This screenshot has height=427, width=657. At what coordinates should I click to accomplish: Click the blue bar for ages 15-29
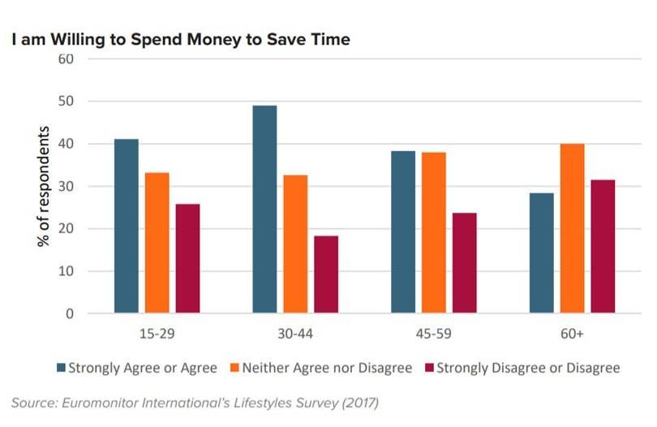[x=126, y=226]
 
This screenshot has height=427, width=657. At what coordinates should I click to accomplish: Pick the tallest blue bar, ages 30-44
[x=264, y=209]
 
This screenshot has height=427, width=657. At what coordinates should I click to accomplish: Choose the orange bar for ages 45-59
[x=434, y=233]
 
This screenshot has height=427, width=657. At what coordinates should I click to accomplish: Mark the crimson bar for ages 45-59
[x=465, y=263]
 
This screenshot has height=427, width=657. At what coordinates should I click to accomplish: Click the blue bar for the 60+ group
[x=541, y=253]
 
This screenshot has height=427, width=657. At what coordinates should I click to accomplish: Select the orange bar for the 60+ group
[x=572, y=229]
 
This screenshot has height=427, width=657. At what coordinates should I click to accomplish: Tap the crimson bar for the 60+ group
[x=603, y=247]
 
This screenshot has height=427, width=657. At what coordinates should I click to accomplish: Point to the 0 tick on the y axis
[x=71, y=313]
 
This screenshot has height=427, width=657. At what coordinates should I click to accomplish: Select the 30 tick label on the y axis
[x=67, y=187]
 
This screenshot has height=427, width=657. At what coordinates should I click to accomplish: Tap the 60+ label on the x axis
[x=572, y=334]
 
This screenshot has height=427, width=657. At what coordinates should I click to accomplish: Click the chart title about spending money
[x=181, y=39]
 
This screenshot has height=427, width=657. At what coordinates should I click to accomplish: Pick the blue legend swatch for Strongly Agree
[x=61, y=368]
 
